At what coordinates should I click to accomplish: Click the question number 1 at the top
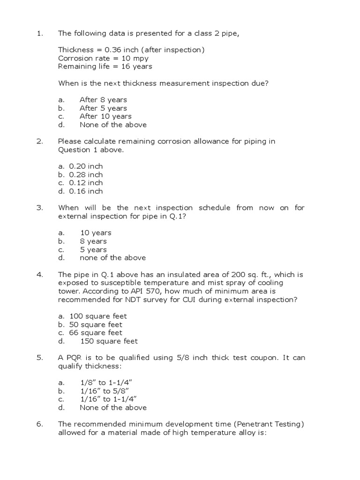[39, 33]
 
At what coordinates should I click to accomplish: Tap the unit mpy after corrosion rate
[141, 58]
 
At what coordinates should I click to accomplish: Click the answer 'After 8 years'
[103, 100]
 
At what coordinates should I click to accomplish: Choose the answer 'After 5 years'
[103, 108]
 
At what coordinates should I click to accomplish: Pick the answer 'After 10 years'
[105, 116]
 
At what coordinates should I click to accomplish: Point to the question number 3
[39, 208]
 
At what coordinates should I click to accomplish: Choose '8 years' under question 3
[93, 241]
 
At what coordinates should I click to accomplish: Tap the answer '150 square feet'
[109, 341]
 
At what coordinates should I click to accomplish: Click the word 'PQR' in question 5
[75, 358]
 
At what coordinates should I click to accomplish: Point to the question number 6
[39, 424]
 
